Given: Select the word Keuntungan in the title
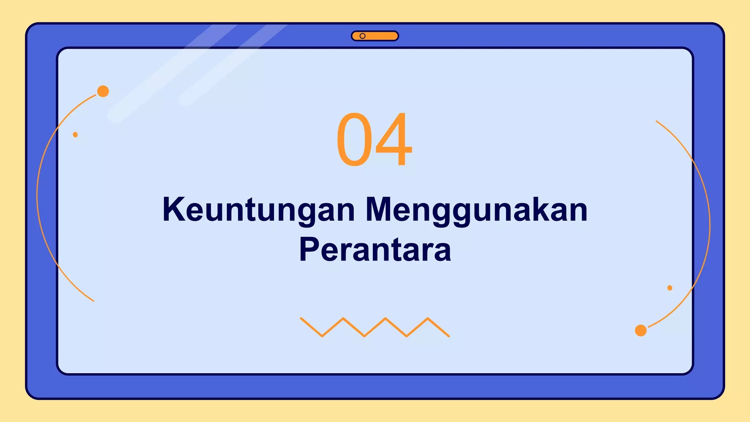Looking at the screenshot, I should (x=259, y=210).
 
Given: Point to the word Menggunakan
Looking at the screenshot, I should (x=476, y=210).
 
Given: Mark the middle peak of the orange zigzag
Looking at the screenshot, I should (x=385, y=318).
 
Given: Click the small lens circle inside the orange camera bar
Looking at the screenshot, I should (x=363, y=36).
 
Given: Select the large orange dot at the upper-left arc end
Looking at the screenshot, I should (x=103, y=91).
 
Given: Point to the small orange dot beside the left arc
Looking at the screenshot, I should (x=75, y=135).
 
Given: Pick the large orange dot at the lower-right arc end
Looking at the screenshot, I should (x=641, y=330).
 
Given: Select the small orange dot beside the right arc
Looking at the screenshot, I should (x=670, y=288).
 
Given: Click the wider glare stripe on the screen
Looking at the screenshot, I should (x=172, y=73).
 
